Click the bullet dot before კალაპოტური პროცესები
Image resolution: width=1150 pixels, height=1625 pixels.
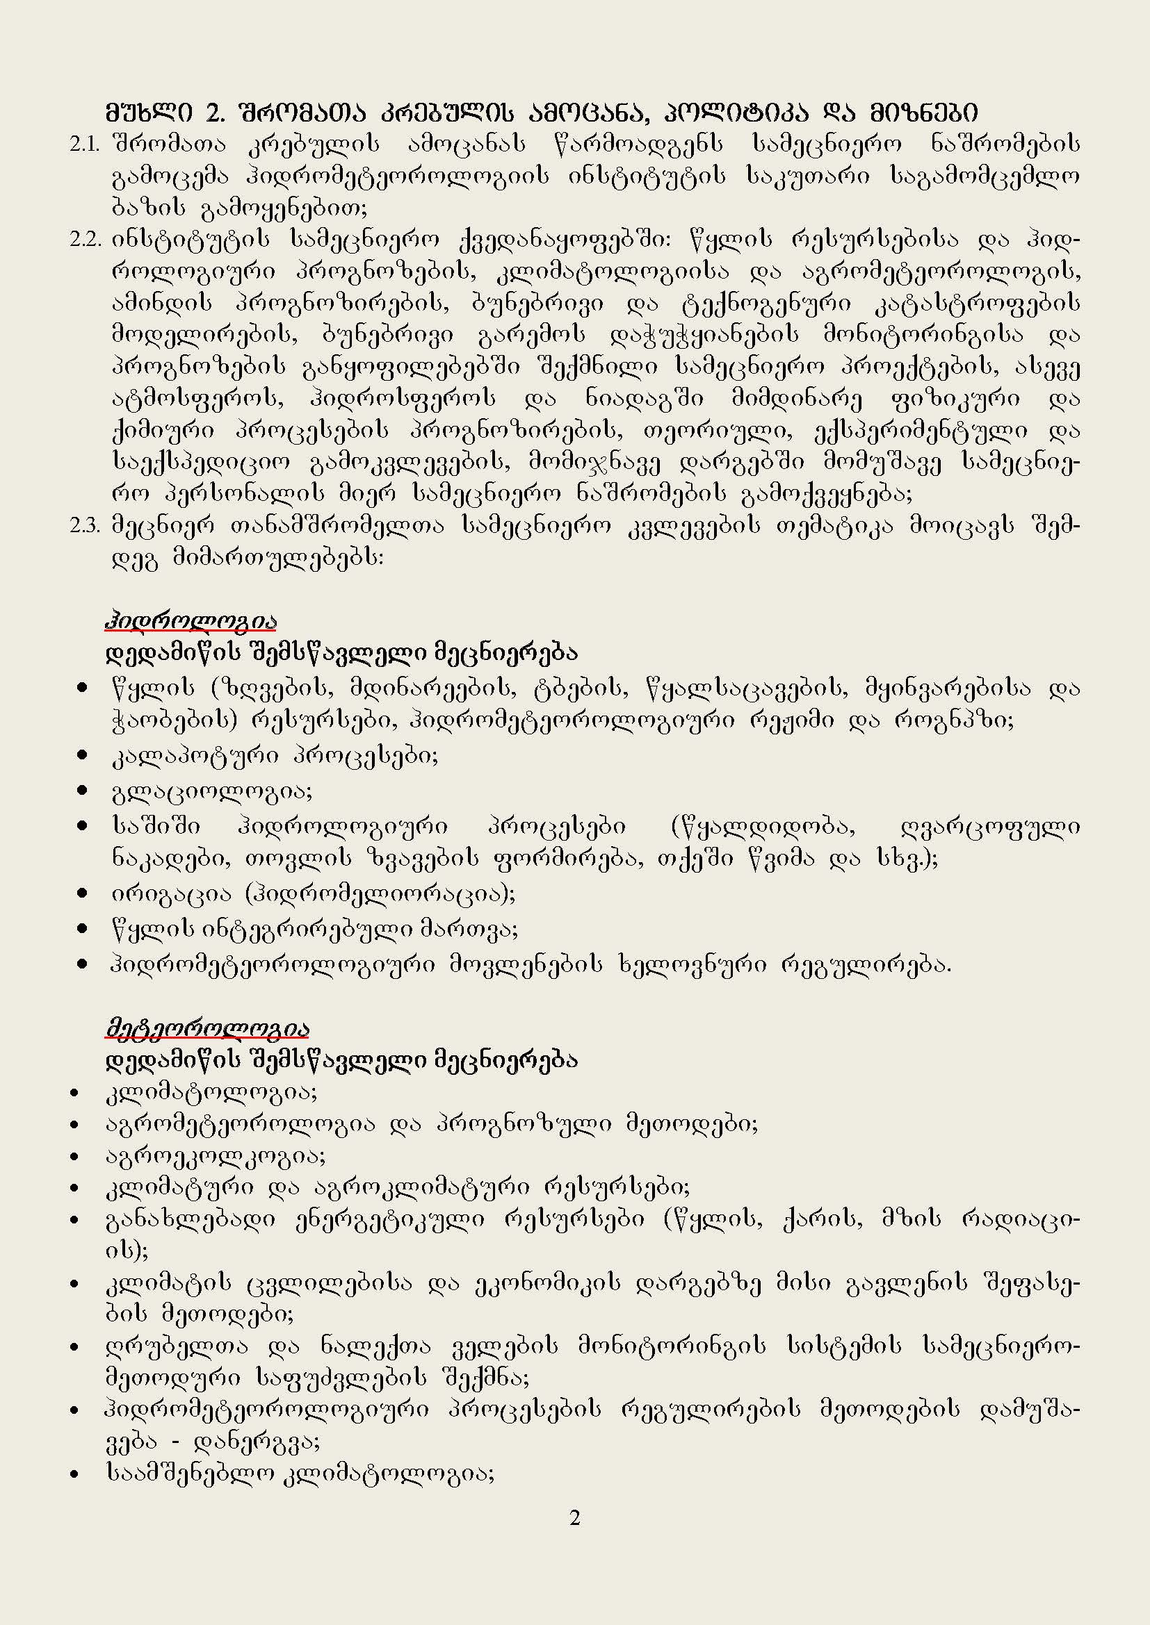click(x=84, y=757)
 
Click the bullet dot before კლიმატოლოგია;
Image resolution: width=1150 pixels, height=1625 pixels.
click(x=74, y=1094)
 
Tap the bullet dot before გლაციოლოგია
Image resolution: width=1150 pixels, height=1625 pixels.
click(x=84, y=791)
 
